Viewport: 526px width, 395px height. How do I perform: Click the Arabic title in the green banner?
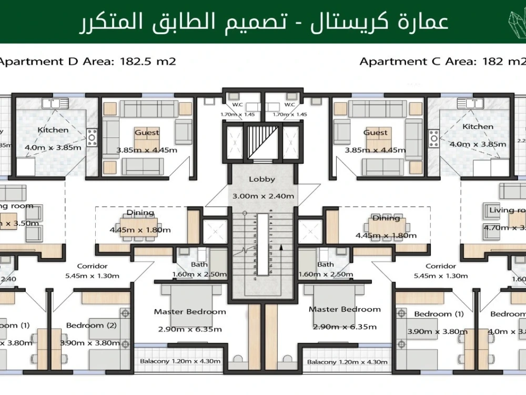pos(263,22)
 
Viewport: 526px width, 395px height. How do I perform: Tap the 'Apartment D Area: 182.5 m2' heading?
pos(87,62)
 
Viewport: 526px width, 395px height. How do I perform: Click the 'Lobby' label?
pos(262,179)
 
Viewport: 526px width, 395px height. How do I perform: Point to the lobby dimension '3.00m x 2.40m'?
pos(263,196)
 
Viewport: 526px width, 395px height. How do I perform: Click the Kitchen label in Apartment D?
pos(53,130)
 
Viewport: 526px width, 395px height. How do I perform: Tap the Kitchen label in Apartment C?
pos(478,126)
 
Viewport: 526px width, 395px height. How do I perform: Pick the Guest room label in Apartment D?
pos(147,133)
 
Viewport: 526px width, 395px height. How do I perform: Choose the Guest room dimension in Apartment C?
pos(375,150)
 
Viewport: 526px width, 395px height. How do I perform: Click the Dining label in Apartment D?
pos(140,213)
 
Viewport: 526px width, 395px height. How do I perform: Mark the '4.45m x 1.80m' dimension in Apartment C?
pos(386,235)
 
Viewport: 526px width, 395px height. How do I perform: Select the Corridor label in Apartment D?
pos(92,266)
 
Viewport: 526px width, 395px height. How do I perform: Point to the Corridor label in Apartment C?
pos(440,266)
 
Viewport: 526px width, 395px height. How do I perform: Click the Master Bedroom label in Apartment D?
pos(190,312)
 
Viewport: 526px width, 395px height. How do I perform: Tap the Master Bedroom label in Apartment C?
pos(345,309)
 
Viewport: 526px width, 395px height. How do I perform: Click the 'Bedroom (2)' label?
pos(92,325)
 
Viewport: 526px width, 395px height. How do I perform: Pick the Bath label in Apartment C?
pos(326,264)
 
